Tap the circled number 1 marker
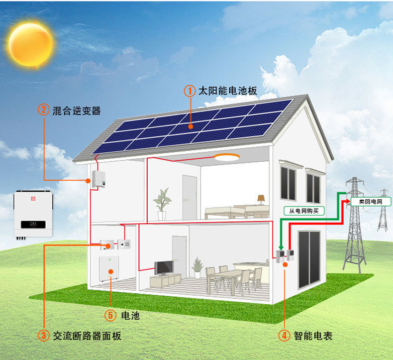tap(189, 91)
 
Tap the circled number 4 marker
tap(284, 336)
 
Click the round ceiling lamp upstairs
tap(226, 158)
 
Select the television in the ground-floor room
tap(163, 268)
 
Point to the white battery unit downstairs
tap(110, 269)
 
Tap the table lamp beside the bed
tap(261, 199)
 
